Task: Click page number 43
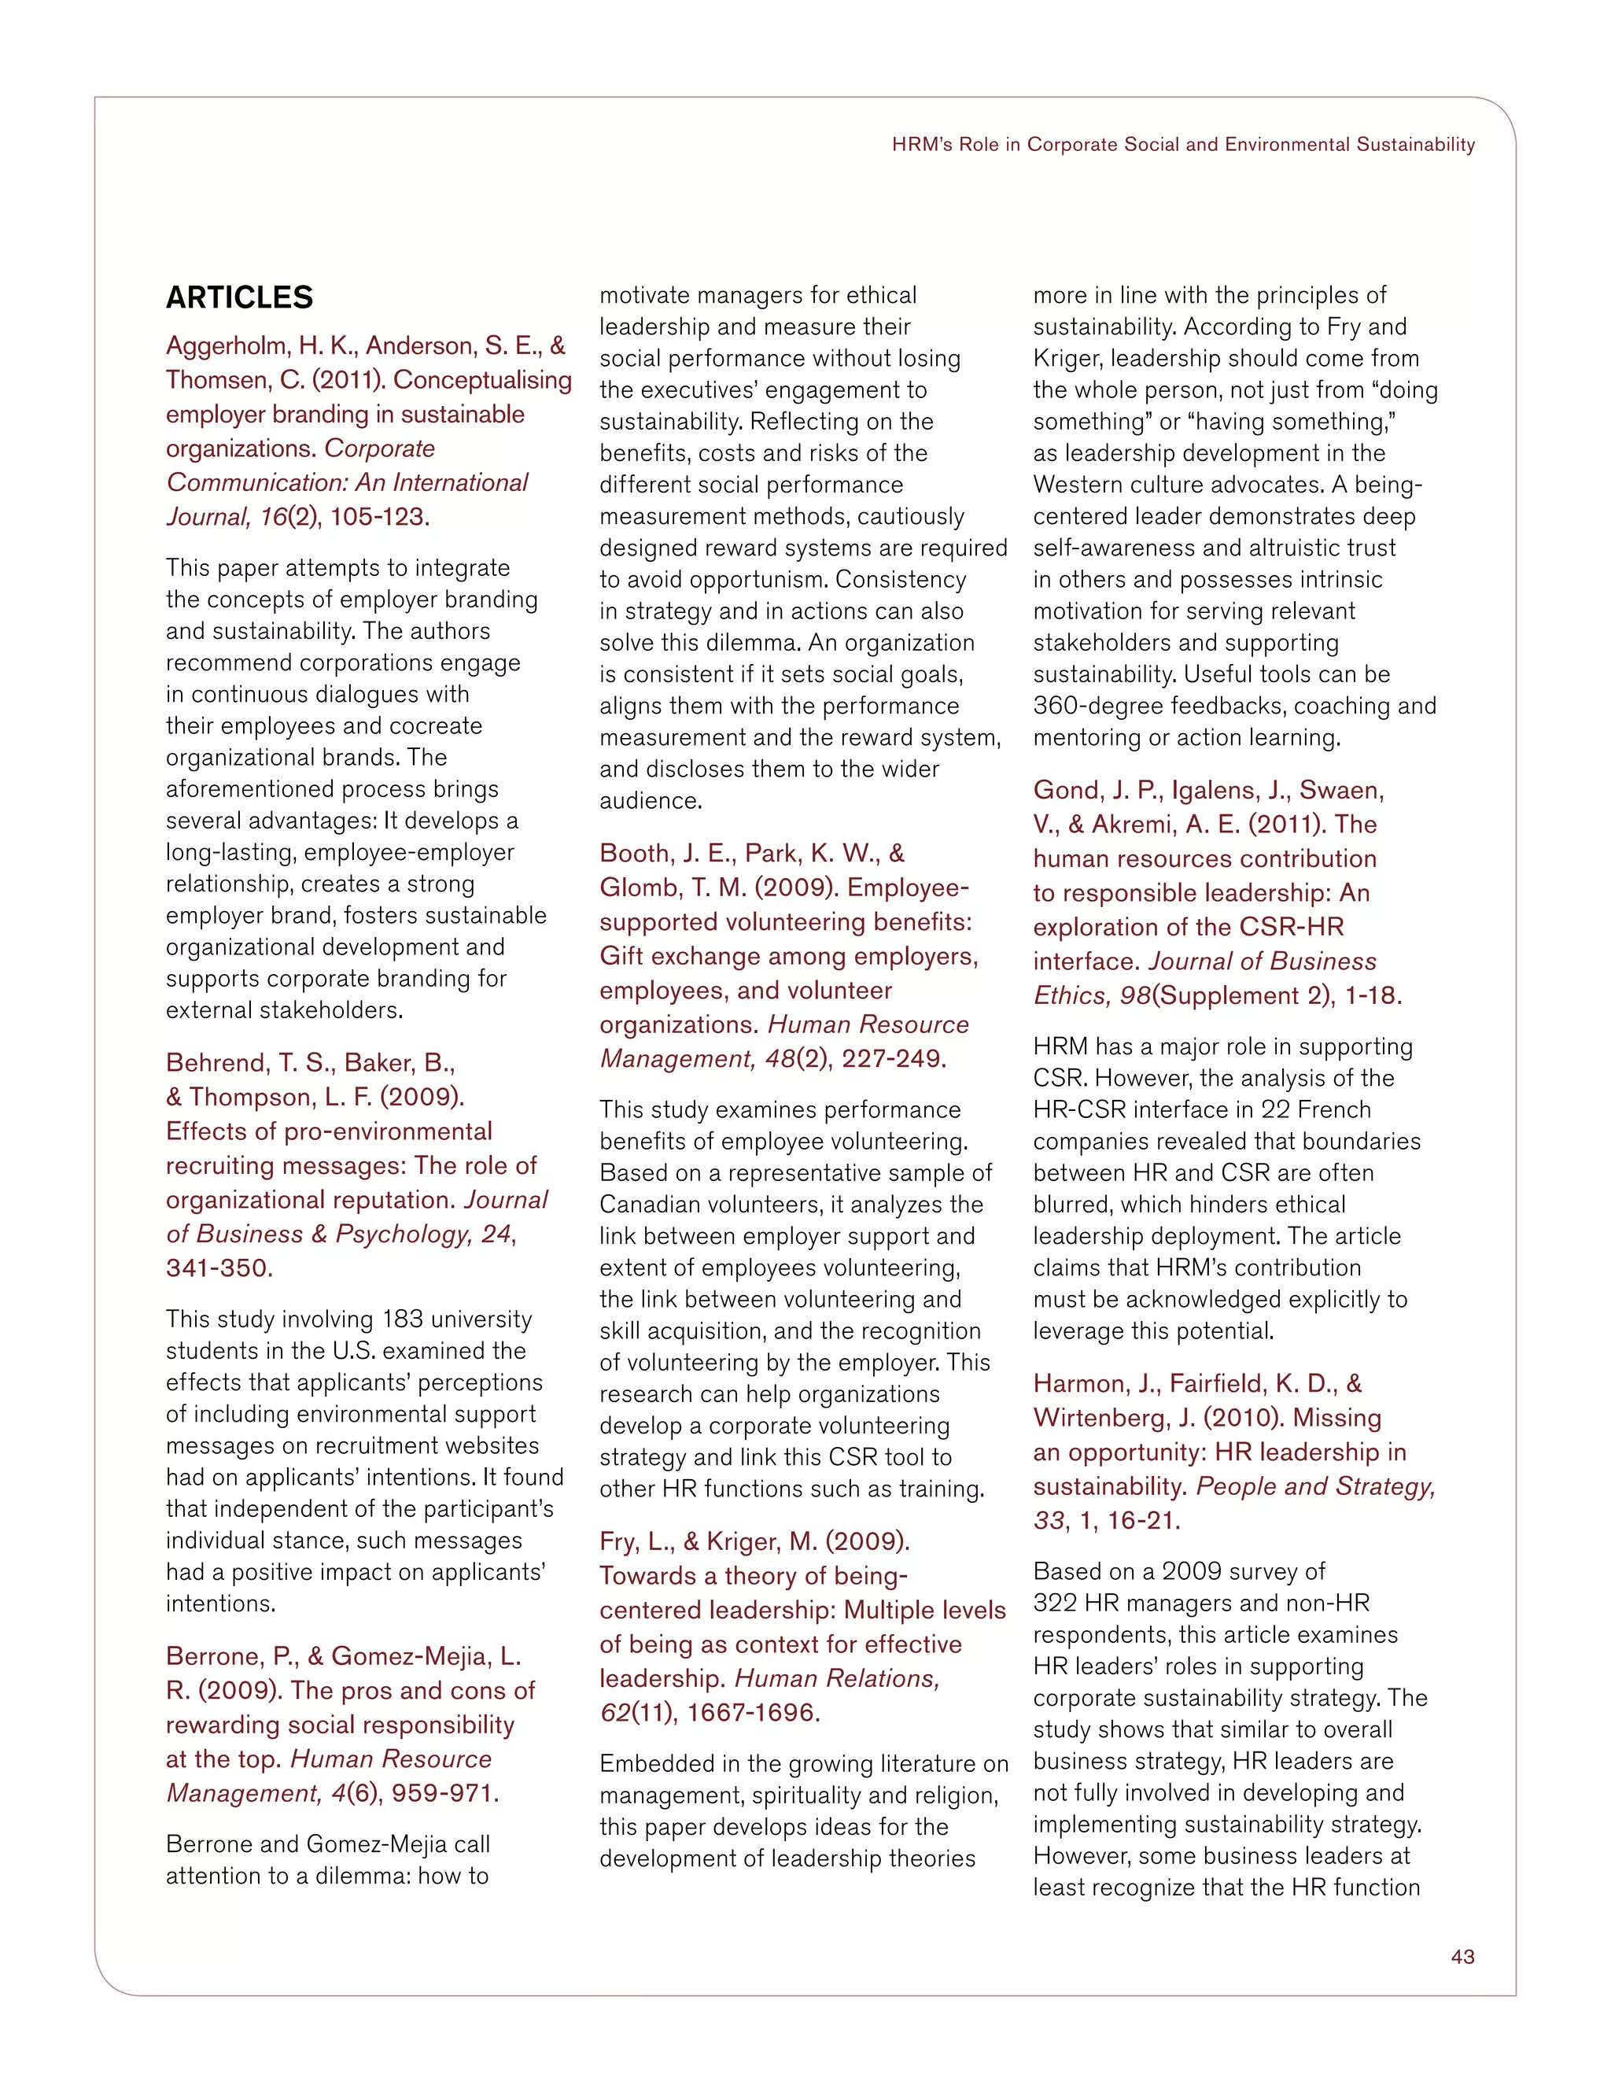coord(1462,1956)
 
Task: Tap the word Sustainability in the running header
coord(1415,144)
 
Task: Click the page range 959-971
coord(444,1793)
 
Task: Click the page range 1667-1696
coord(753,1713)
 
